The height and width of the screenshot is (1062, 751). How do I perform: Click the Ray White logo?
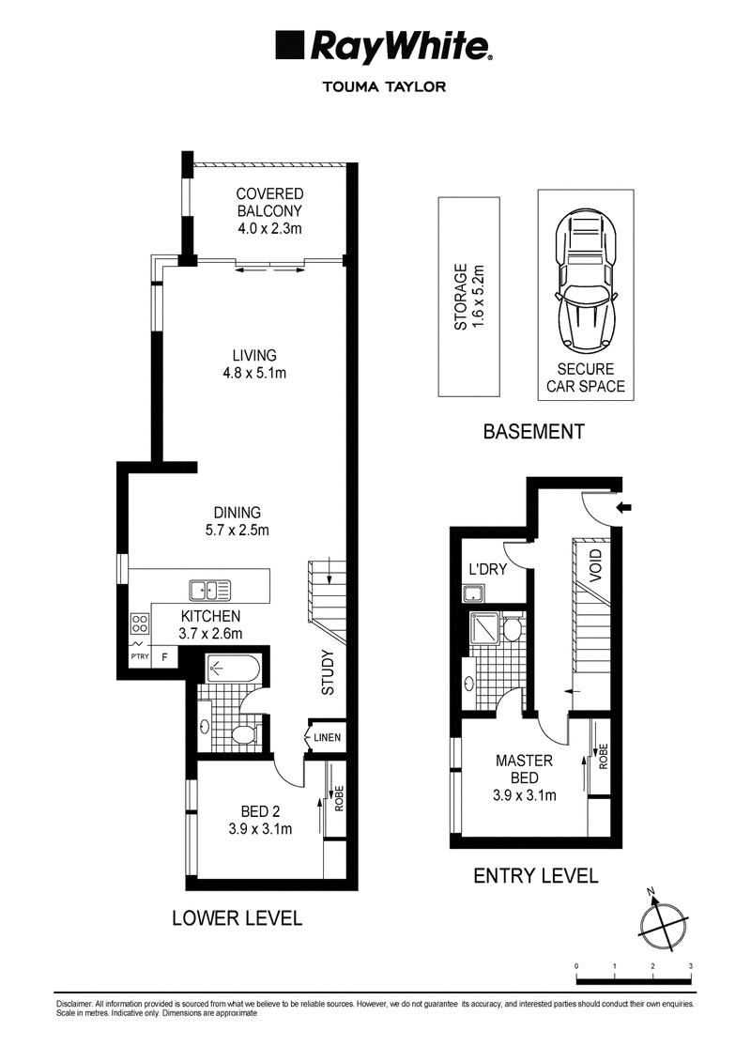[x=384, y=47]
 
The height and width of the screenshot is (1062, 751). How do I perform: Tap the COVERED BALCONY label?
[x=269, y=203]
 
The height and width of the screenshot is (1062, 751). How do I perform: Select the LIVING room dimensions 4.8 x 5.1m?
[x=254, y=373]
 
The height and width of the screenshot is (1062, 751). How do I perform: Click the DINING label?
[x=237, y=513]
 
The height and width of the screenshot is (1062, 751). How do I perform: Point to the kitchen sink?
[x=210, y=591]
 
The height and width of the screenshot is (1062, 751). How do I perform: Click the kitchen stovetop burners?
[x=140, y=623]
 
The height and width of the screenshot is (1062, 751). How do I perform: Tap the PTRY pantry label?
[x=140, y=656]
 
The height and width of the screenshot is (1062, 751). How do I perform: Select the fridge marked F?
[x=164, y=655]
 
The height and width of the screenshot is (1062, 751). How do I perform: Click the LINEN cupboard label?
[x=327, y=737]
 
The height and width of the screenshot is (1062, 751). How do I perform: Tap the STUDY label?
[x=328, y=672]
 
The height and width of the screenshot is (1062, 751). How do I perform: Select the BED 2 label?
[x=261, y=811]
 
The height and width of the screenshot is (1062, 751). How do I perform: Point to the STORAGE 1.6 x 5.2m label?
[x=469, y=297]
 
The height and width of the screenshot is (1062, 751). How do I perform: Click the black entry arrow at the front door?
[x=623, y=506]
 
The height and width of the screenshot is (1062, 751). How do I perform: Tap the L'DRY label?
[x=487, y=569]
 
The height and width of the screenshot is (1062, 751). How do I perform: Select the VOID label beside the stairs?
[x=596, y=566]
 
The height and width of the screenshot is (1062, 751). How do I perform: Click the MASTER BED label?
[x=524, y=769]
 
